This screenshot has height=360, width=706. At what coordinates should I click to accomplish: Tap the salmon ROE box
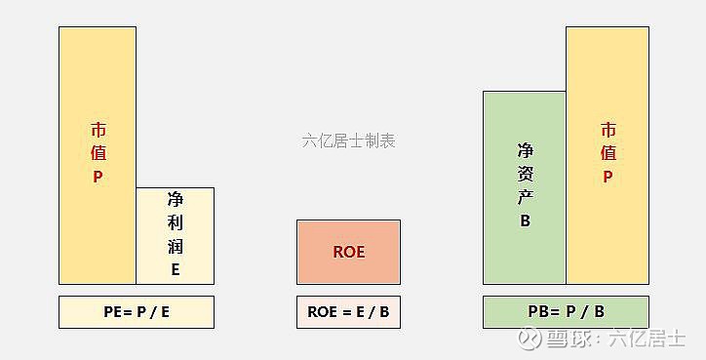tap(348, 252)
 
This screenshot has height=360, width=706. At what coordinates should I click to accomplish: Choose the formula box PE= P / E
tap(137, 312)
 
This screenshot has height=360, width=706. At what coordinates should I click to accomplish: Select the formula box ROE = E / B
tap(348, 312)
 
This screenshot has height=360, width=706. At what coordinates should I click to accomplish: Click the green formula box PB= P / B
tap(566, 312)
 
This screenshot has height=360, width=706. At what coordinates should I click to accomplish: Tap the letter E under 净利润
tap(176, 269)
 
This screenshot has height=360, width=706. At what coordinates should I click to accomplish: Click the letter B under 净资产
tap(525, 220)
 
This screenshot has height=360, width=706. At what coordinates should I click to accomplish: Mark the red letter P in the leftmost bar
tap(98, 177)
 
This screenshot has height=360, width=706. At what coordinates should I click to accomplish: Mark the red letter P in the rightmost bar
tap(608, 177)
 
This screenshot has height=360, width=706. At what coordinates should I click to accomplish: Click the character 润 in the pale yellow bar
tap(176, 247)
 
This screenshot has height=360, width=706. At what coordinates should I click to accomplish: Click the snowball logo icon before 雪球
tap(530, 338)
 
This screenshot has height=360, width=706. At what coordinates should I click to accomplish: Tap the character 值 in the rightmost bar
tap(608, 153)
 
